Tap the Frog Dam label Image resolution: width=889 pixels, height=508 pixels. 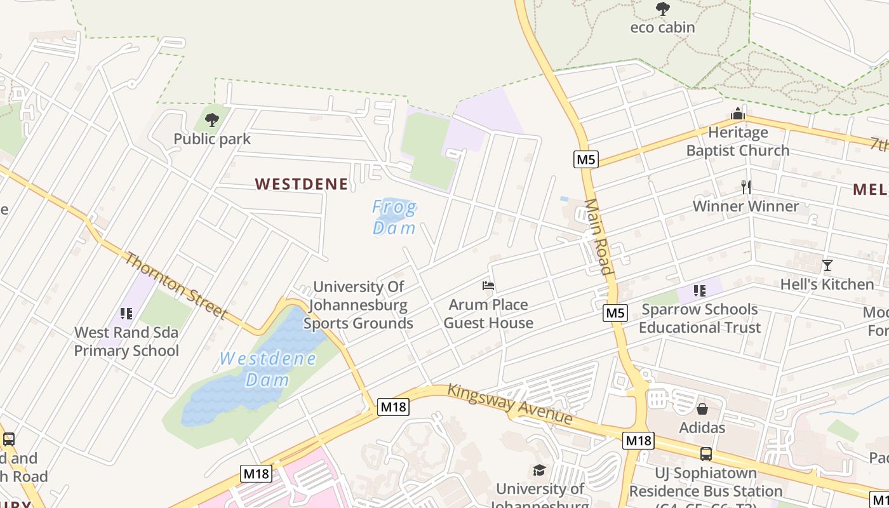tap(394, 217)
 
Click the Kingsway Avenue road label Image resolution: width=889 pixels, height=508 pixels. tap(509, 404)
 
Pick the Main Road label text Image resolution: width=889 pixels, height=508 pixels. tap(599, 236)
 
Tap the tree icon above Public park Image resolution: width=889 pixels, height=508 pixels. tap(212, 119)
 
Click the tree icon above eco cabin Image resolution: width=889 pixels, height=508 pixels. tap(662, 9)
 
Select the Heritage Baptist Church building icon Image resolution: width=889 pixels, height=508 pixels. tap(738, 114)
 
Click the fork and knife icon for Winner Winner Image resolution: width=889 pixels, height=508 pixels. tap(746, 187)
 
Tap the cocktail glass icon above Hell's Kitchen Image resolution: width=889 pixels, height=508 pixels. tap(827, 265)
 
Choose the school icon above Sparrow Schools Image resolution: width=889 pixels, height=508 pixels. tap(699, 291)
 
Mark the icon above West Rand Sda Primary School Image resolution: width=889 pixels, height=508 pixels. tap(126, 314)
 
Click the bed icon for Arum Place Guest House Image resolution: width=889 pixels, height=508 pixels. tap(488, 286)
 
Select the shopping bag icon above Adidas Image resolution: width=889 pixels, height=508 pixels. tap(702, 409)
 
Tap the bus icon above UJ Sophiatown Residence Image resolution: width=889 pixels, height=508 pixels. tap(705, 454)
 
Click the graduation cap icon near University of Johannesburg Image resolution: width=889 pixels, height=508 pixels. tap(539, 470)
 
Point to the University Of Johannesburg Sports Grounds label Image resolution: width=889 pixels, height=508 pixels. tap(358, 305)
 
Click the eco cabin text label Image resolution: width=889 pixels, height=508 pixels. tap(662, 28)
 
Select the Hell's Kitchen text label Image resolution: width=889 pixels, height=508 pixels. tap(827, 284)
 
